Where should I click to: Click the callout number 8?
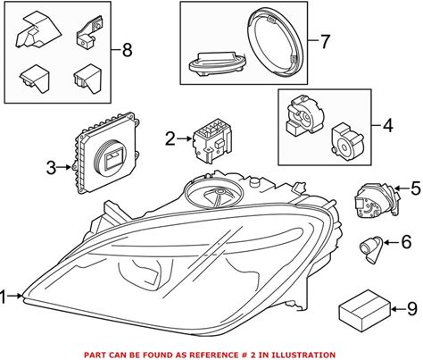pyautogui.click(x=127, y=50)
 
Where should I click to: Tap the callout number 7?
pyautogui.click(x=325, y=41)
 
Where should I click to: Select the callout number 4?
pyautogui.click(x=387, y=125)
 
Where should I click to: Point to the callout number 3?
pyautogui.click(x=51, y=168)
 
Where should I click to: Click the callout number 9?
pyautogui.click(x=412, y=309)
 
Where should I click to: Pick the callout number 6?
pyautogui.click(x=406, y=242)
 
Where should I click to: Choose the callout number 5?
pyautogui.click(x=416, y=188)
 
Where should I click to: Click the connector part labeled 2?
pyautogui.click(x=212, y=140)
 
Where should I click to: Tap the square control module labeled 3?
pyautogui.click(x=105, y=154)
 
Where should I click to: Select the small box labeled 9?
pyautogui.click(x=365, y=311)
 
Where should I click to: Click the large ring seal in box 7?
pyautogui.click(x=276, y=43)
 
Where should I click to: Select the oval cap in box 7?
pyautogui.click(x=217, y=63)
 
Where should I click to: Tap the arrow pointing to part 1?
pyautogui.click(x=15, y=296)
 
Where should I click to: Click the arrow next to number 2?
pyautogui.click(x=185, y=138)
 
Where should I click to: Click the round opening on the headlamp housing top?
pyautogui.click(x=213, y=193)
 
